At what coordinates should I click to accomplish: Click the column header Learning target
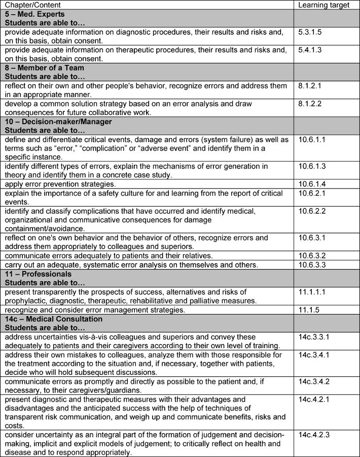pyautogui.click(x=324, y=5)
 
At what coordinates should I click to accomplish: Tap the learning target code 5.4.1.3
pyautogui.click(x=311, y=50)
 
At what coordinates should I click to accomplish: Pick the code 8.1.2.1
pyautogui.click(x=311, y=86)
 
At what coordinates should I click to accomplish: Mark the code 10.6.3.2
pyautogui.click(x=313, y=255)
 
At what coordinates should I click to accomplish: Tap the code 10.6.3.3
pyautogui.click(x=313, y=264)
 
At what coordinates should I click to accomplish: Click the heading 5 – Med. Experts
pyautogui.click(x=35, y=14)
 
